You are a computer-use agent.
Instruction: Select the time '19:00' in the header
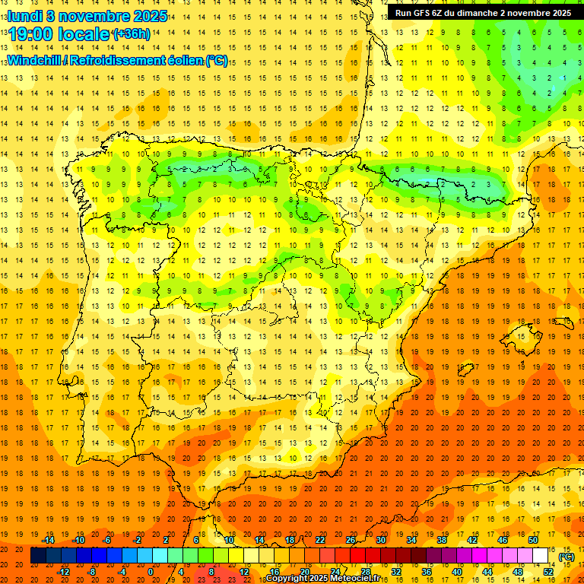(33, 34)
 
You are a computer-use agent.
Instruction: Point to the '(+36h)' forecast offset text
(132, 34)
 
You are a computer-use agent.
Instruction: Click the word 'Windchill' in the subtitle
(33, 60)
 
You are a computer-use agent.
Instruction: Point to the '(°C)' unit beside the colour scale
(566, 557)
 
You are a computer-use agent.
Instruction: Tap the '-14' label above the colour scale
(49, 540)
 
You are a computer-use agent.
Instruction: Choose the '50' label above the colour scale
(533, 540)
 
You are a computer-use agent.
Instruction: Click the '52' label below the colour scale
(548, 571)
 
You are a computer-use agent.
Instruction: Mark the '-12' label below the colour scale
(64, 571)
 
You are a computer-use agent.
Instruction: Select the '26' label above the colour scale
(351, 540)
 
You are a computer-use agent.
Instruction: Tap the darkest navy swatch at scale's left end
(38, 556)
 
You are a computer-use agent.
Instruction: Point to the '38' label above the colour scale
(442, 540)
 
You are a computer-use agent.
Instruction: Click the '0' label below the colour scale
(151, 571)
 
